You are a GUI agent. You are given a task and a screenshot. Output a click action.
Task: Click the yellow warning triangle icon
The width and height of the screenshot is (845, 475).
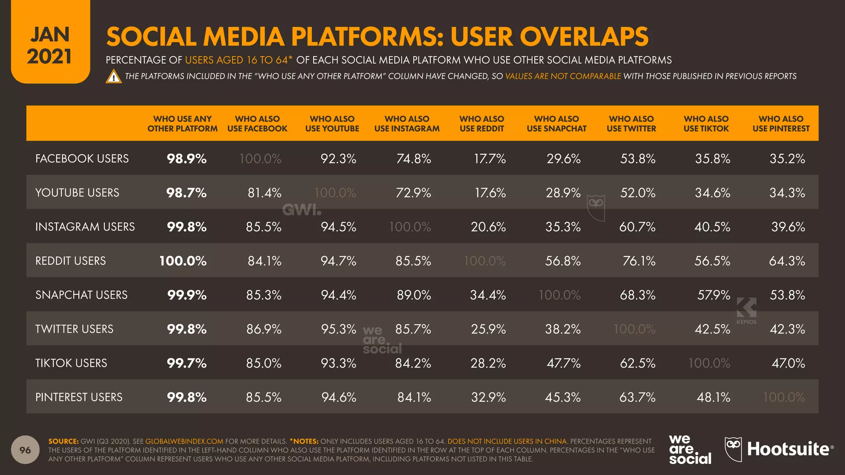click(113, 77)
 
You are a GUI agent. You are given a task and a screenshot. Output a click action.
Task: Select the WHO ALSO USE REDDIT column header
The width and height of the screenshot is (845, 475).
click(482, 124)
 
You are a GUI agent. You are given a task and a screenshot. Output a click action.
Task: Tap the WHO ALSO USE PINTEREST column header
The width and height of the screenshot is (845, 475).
click(781, 124)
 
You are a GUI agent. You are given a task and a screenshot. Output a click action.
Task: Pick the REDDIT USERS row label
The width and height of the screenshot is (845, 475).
click(71, 261)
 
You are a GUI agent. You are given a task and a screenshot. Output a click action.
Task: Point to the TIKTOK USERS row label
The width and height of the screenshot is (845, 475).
click(71, 363)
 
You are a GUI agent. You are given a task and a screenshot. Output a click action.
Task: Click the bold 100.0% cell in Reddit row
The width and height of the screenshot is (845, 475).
click(183, 261)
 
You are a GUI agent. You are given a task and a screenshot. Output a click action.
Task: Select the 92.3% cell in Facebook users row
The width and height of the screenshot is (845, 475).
click(338, 159)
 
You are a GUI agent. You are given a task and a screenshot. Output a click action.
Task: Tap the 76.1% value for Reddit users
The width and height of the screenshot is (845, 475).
click(639, 261)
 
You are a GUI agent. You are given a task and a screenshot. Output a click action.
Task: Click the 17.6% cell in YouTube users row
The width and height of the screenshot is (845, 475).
click(490, 193)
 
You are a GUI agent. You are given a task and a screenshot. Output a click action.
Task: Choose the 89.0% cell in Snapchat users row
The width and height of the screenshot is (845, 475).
click(414, 295)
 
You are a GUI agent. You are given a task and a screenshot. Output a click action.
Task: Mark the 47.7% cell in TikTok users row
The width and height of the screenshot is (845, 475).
click(563, 363)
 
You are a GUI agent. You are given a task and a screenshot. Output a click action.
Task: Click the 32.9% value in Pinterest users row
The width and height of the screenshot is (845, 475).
click(489, 397)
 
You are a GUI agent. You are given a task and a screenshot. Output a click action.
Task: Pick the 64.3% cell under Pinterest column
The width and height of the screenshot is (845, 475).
click(787, 261)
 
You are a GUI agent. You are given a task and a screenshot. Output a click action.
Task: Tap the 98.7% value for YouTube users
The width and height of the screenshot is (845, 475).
click(186, 193)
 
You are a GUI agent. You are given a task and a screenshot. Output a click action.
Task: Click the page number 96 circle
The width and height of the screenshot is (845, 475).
click(25, 450)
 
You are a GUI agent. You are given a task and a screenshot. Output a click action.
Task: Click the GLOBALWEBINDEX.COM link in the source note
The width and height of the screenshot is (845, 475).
click(184, 441)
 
